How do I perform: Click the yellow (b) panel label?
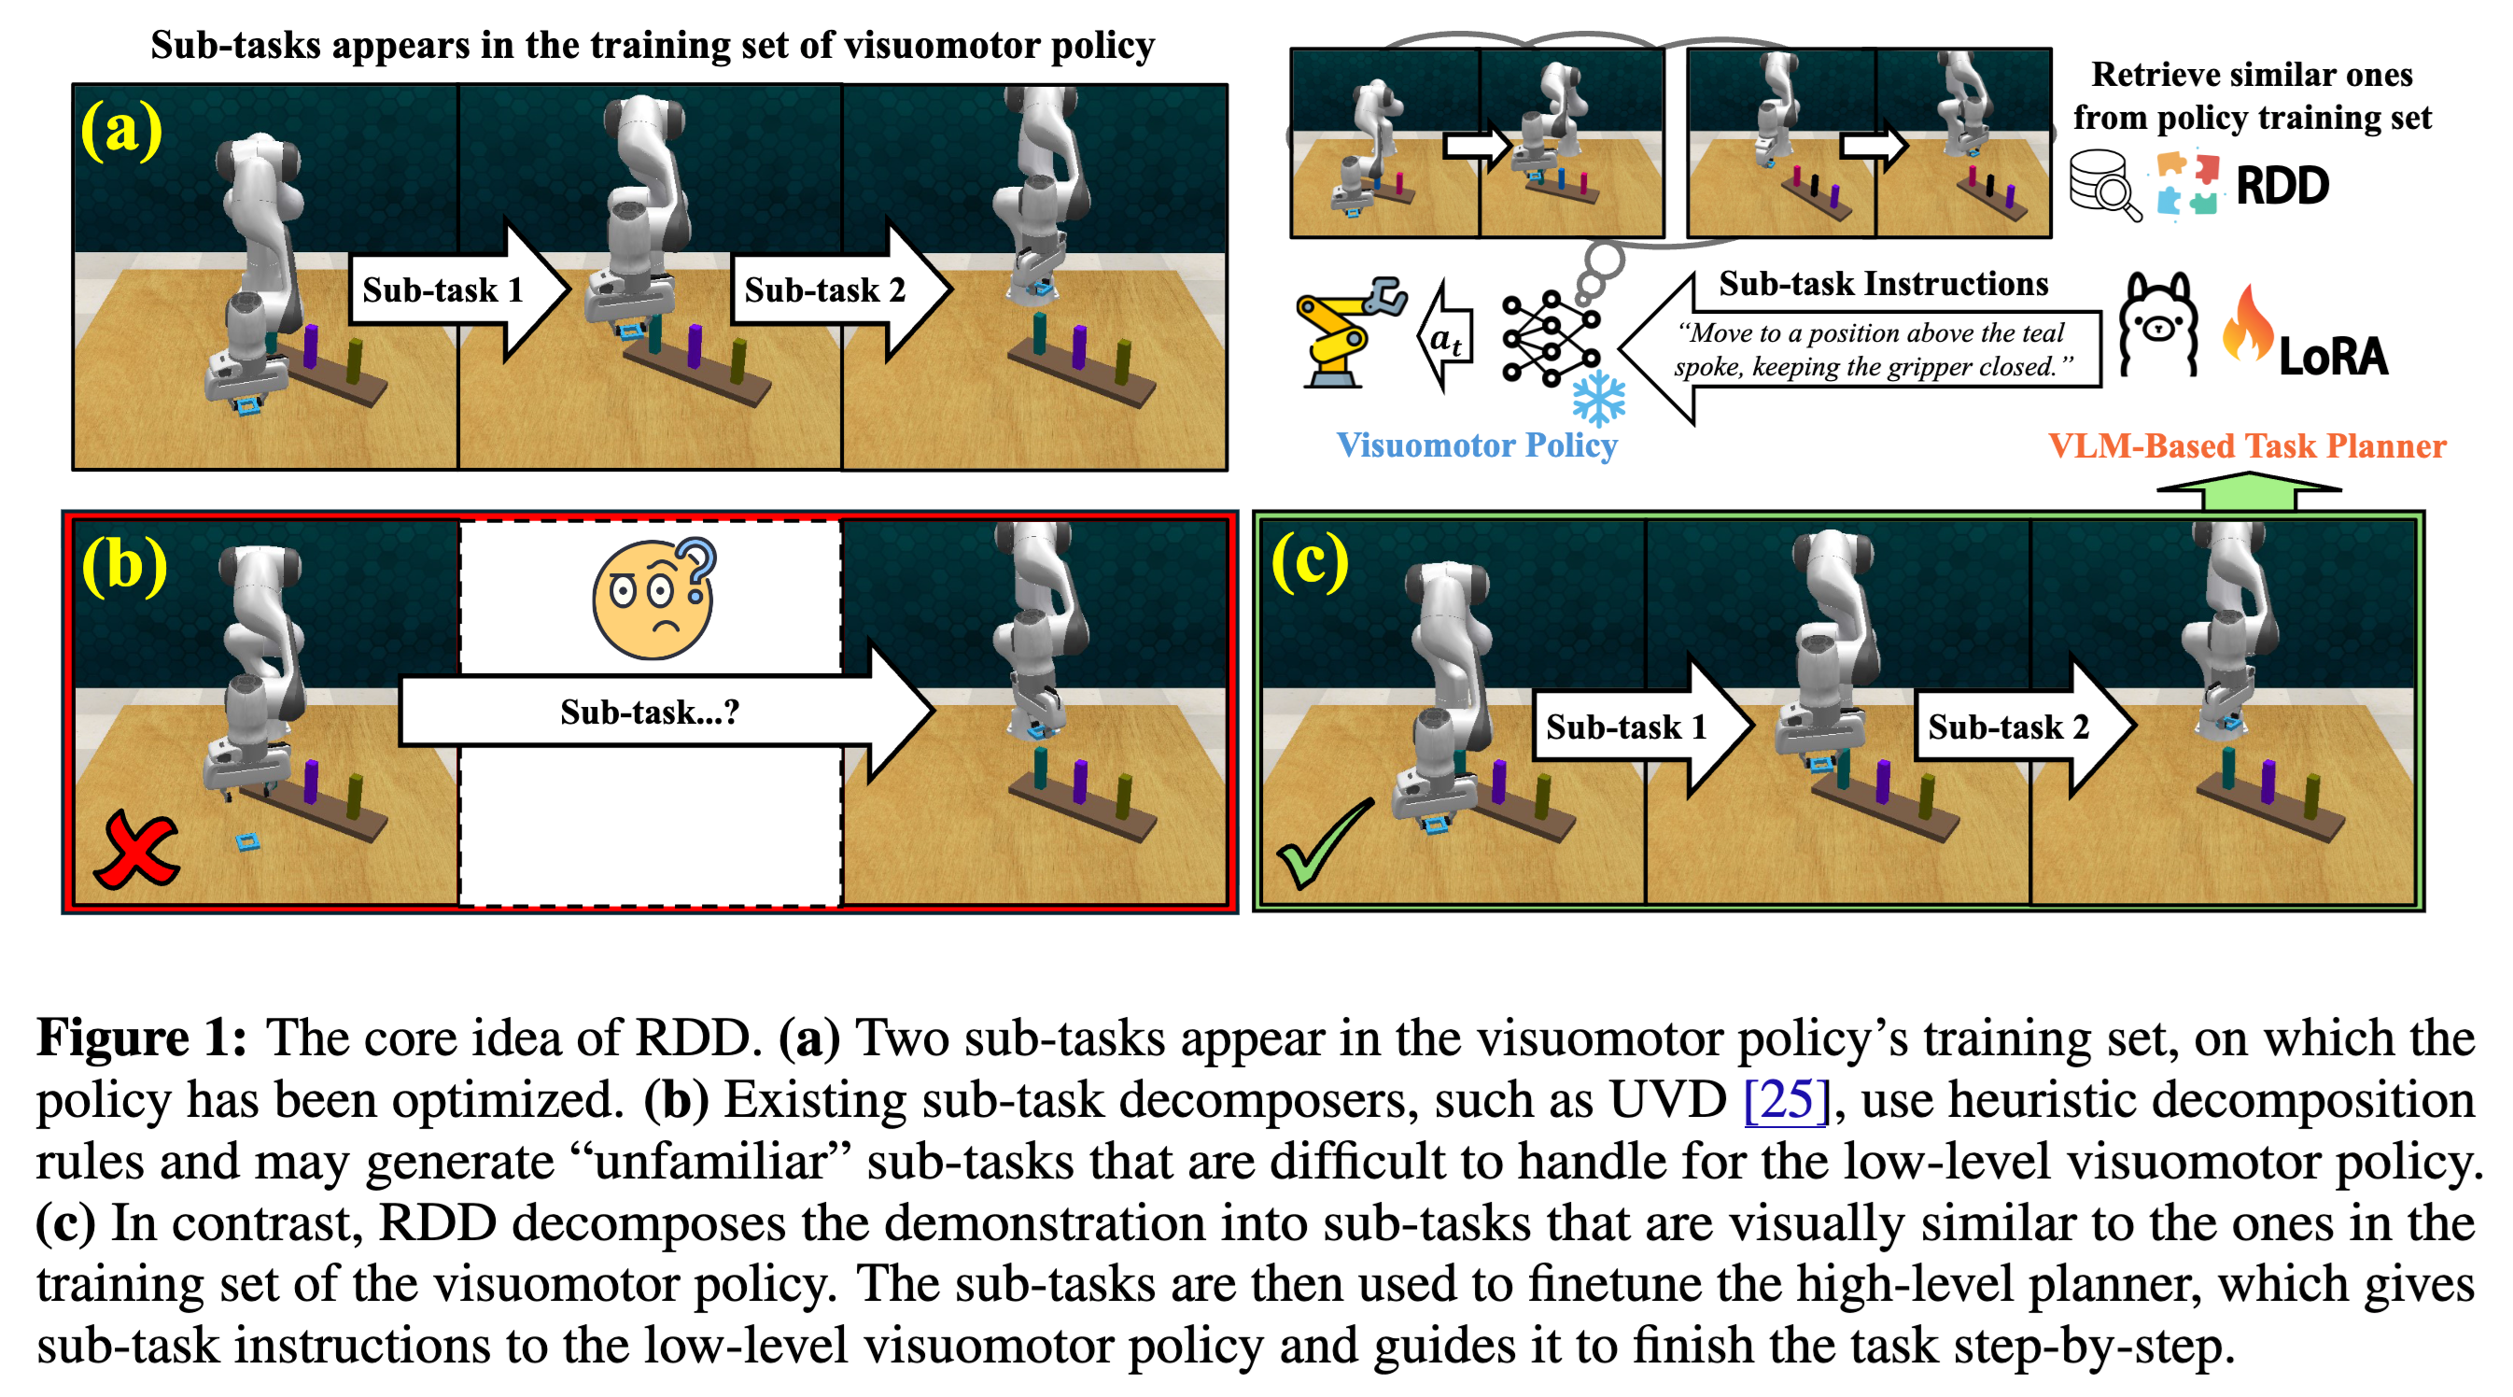click(x=124, y=565)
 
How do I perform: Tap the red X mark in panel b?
click(x=135, y=849)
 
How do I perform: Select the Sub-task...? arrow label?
click(x=650, y=713)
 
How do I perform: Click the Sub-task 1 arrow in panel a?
click(x=442, y=289)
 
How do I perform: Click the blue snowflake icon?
click(x=1598, y=398)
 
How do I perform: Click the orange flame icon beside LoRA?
click(x=2247, y=325)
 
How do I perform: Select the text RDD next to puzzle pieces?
click(x=2281, y=185)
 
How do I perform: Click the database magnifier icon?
click(x=2104, y=184)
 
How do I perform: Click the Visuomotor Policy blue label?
click(x=1476, y=444)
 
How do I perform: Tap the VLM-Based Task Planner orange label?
click(x=2247, y=445)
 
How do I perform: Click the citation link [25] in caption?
click(x=1784, y=1100)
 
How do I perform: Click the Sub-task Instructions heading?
click(x=1883, y=284)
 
